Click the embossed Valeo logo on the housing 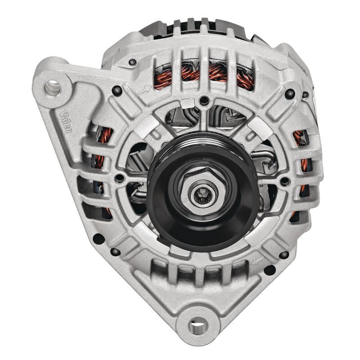(67, 121)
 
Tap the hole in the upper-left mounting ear (53, 84)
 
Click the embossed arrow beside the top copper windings (146, 90)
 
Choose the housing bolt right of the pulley (285, 181)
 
